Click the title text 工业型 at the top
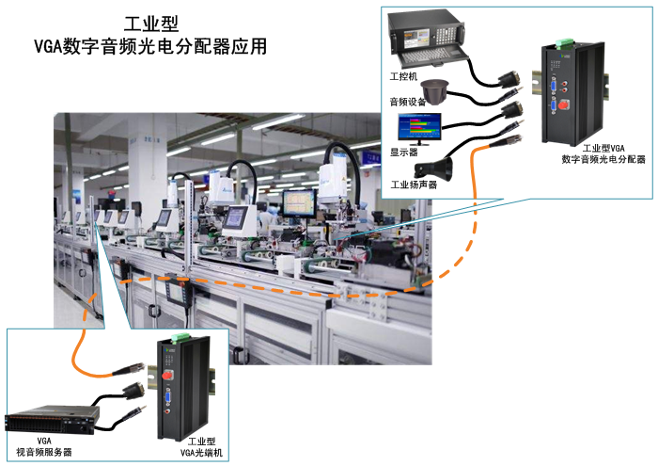[x=151, y=24]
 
